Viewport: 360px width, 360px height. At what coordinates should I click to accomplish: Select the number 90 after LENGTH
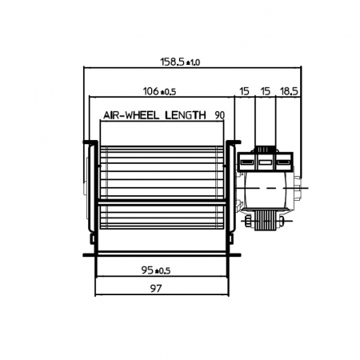[x=218, y=115]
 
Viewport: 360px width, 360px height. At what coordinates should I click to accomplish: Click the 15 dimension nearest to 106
[x=243, y=94]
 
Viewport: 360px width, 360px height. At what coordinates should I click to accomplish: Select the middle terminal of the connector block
[x=265, y=162]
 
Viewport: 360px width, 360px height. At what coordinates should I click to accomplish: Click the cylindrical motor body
[x=268, y=190]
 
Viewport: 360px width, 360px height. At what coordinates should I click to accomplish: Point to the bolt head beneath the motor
[x=250, y=217]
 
